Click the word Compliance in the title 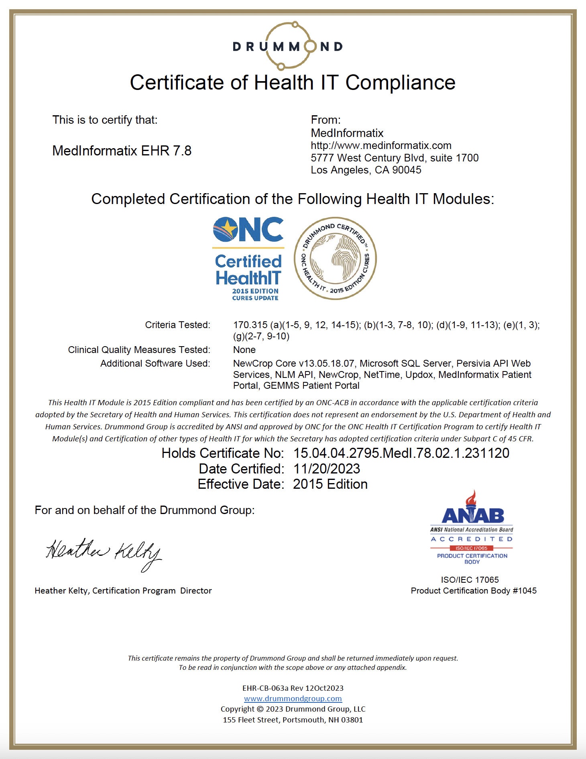coord(400,83)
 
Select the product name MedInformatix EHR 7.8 coord(122,151)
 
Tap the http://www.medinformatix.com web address coord(381,145)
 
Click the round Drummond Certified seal coord(335,259)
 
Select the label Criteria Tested coord(177,325)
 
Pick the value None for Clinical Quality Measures coord(244,350)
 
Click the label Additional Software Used coord(155,363)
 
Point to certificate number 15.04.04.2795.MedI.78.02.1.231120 coord(401,453)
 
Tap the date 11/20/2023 coord(327,469)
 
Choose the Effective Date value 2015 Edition coord(330,484)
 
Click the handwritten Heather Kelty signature coord(104,553)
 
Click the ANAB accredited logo coord(472,528)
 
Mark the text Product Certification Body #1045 coord(474,591)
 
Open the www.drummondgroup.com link coord(293,699)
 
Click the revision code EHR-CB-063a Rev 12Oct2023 coord(293,688)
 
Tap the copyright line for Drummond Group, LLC coord(293,709)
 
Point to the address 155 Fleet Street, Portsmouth coord(293,720)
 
